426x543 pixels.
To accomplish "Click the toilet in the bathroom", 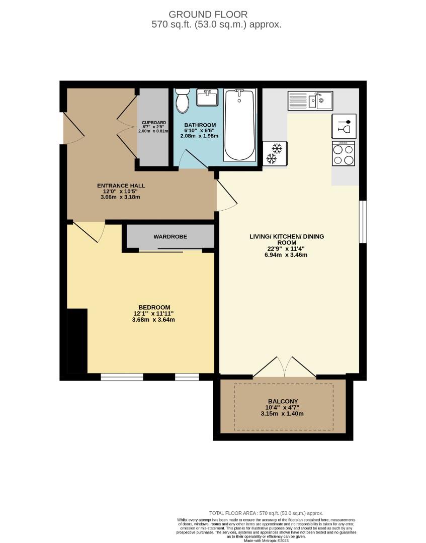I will click(182, 102).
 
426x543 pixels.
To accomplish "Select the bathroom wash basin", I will click(206, 98).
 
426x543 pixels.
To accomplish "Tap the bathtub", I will click(239, 124).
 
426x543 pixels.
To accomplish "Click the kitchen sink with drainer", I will click(310, 101).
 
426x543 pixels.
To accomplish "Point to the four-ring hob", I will click(344, 153).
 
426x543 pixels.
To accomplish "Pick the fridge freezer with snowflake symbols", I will click(275, 153).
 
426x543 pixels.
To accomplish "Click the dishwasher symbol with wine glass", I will click(344, 126).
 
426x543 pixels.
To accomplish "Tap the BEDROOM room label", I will click(154, 307).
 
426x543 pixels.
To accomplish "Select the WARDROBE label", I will click(170, 236).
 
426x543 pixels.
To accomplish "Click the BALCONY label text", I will click(284, 401).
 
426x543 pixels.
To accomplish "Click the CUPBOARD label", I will click(153, 123).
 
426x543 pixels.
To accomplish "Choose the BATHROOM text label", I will click(200, 125).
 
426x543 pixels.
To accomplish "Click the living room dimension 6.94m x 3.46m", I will click(287, 255).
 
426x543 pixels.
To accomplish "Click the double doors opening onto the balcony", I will click(285, 367).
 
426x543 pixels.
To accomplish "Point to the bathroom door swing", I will click(193, 159).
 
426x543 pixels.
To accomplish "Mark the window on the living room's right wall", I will click(363, 222).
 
